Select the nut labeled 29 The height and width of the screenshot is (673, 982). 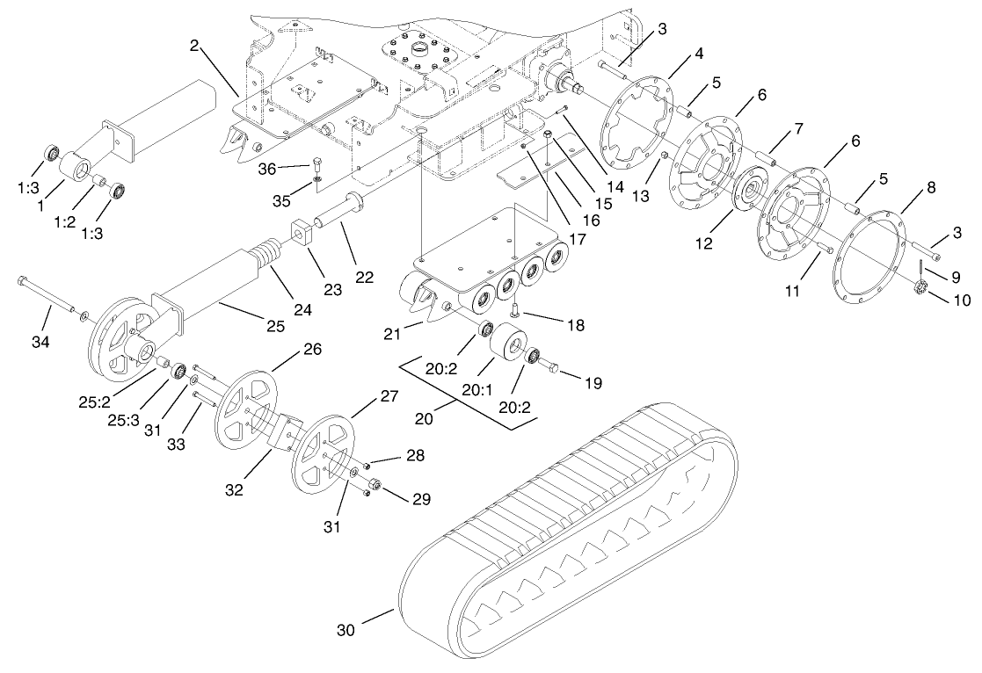pos(375,485)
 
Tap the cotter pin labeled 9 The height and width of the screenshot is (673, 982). pos(920,264)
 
